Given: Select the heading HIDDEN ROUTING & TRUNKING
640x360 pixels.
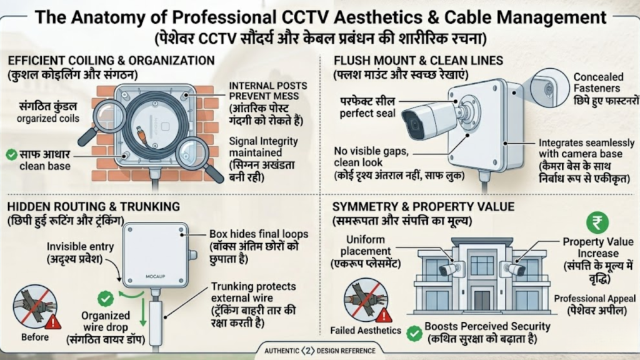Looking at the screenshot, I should click(94, 206).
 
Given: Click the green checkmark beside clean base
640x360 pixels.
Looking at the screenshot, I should click(11, 154).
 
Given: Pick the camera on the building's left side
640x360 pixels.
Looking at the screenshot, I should click(448, 269).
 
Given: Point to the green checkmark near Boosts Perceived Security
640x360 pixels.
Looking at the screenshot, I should click(413, 333).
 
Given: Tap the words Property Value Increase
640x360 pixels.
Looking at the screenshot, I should click(597, 247).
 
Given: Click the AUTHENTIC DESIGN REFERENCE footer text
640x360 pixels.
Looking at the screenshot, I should click(319, 350).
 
